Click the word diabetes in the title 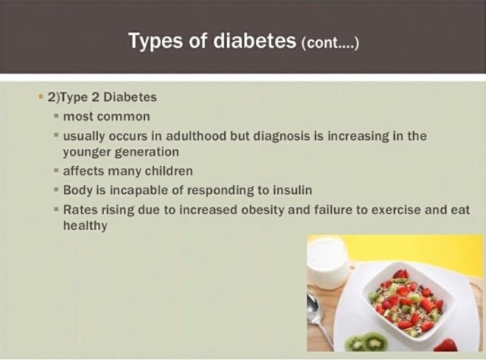pyautogui.click(x=254, y=40)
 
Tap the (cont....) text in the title pyautogui.click(x=330, y=43)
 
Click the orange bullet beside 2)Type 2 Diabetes pyautogui.click(x=40, y=96)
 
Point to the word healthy pyautogui.click(x=85, y=226)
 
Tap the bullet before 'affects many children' pyautogui.click(x=56, y=171)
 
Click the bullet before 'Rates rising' pyautogui.click(x=56, y=209)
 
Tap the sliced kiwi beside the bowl pyautogui.click(x=367, y=342)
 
